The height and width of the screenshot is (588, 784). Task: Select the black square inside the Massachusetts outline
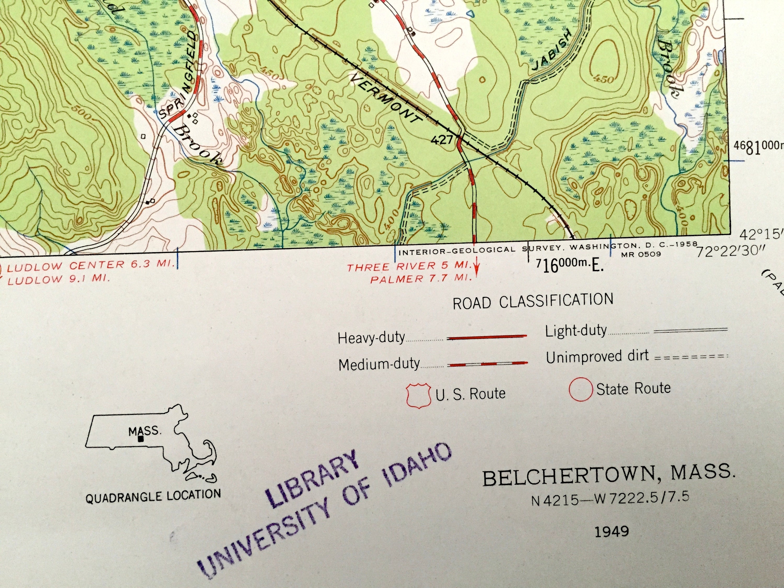(141, 439)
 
